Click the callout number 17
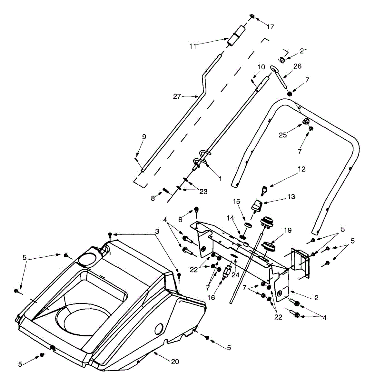point(270,27)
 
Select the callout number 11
point(192,46)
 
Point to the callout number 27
point(177,96)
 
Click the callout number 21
point(303,51)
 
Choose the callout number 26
point(297,66)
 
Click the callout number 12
point(301,169)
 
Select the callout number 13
point(291,196)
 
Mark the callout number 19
point(288,230)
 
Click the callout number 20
point(174,362)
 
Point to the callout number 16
point(211,297)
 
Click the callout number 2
point(316,298)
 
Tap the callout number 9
point(144,137)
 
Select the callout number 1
point(220,179)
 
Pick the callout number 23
point(203,192)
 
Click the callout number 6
point(180,220)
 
